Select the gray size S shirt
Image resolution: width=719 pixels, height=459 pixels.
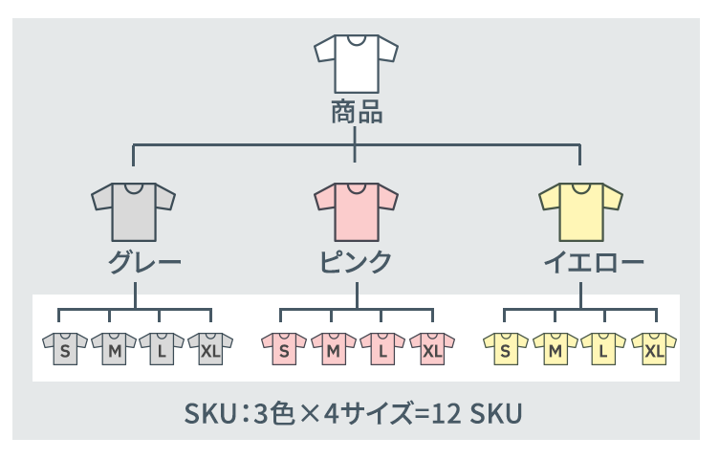click(x=65, y=350)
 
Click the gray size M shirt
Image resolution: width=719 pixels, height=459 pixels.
click(x=114, y=350)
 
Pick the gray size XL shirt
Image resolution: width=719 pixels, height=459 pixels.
click(x=210, y=350)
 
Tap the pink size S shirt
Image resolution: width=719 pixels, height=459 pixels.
click(x=284, y=350)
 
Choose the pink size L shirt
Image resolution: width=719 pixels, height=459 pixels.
click(x=382, y=350)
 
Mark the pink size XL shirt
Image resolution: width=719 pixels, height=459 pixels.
click(x=432, y=350)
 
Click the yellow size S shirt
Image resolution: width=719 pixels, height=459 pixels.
click(x=506, y=350)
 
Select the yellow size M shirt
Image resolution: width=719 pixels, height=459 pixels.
click(x=555, y=350)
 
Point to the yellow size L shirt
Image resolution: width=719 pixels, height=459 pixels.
click(x=603, y=350)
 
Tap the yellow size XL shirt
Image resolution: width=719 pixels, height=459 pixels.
click(x=654, y=350)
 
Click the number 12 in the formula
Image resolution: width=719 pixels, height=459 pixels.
click(x=445, y=415)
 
